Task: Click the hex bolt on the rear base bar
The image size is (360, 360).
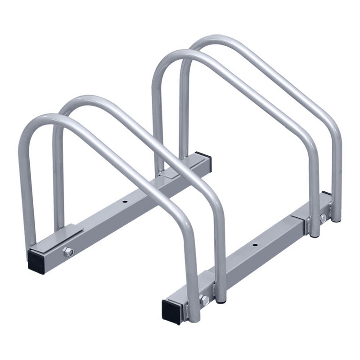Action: click(x=68, y=252)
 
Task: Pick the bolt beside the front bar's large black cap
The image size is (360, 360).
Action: click(x=205, y=301)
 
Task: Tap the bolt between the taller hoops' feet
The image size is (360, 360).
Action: click(x=323, y=218)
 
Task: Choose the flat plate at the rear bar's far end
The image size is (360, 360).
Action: click(x=173, y=172)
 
